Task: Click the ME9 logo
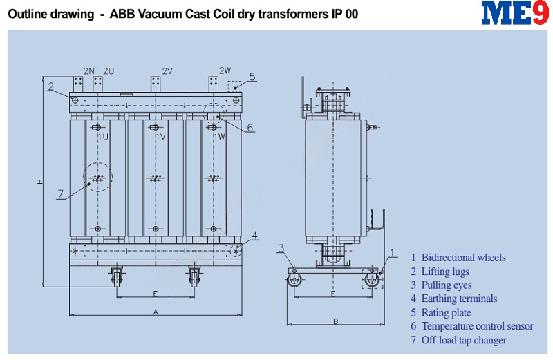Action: pos(515,12)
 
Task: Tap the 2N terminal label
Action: pos(89,71)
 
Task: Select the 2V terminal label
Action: pos(167,71)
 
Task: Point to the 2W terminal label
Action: pos(225,70)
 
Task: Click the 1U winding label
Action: pos(103,137)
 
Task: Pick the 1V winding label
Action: pos(160,137)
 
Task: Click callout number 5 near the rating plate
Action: pos(252,77)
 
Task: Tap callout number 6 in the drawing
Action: pos(250,127)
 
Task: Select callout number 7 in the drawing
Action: pos(61,193)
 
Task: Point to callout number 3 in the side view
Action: pos(281,248)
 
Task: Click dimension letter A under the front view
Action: pos(156,312)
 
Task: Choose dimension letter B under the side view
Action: pos(336,321)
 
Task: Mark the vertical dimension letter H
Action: pos(40,182)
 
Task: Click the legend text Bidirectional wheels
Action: pos(464,258)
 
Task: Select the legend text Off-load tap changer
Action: pos(464,340)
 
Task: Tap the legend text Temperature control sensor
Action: pos(478,326)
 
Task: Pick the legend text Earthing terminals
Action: pos(460,299)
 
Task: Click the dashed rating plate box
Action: pos(234,86)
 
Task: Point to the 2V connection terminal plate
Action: pos(156,84)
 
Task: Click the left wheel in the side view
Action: pos(294,281)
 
